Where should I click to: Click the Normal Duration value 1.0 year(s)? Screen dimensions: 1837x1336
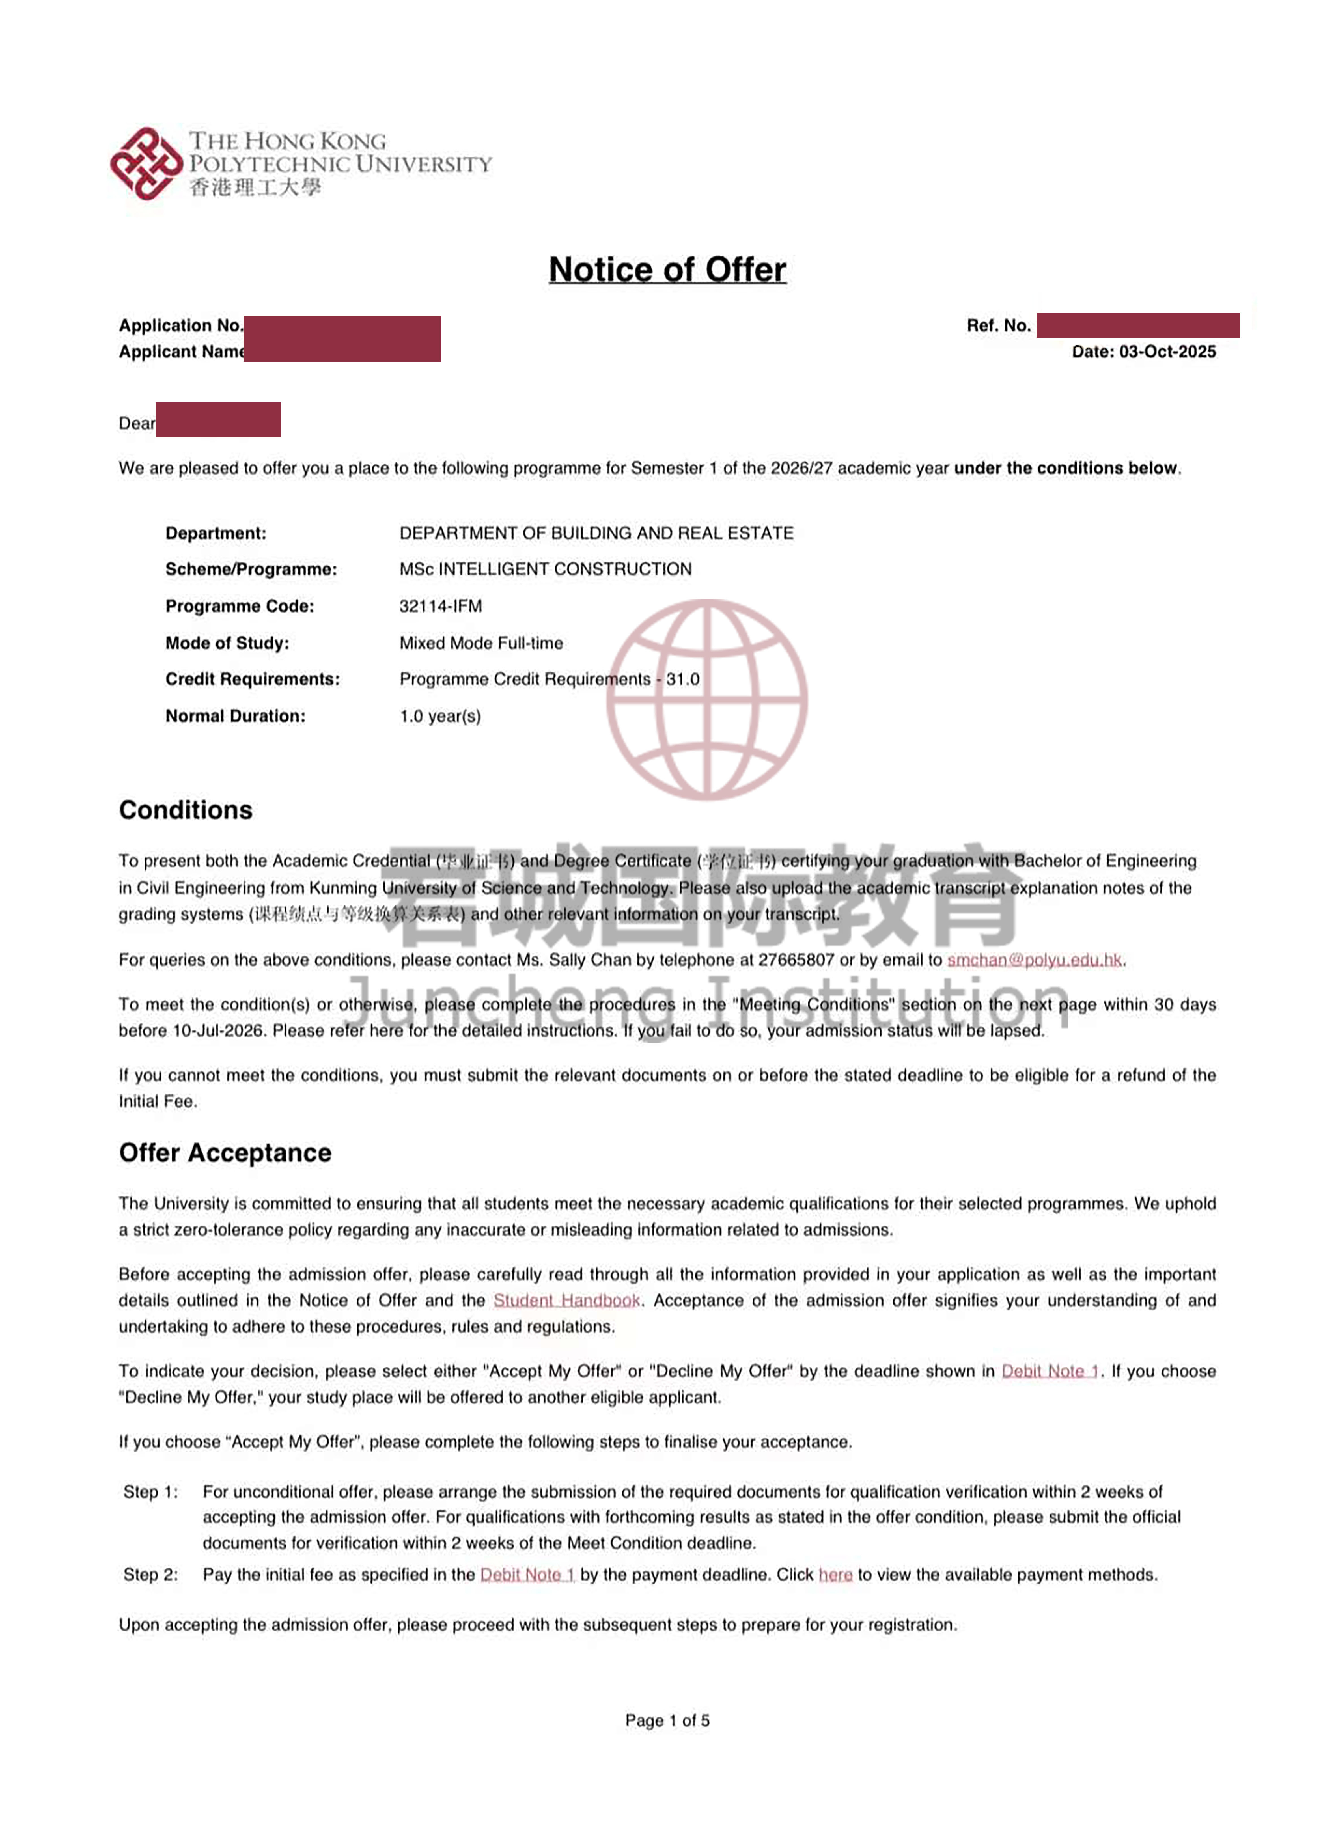click(440, 716)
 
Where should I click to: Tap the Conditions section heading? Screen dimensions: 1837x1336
click(186, 810)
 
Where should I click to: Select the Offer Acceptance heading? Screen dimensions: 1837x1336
click(225, 1153)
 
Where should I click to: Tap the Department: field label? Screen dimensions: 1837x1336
click(216, 533)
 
